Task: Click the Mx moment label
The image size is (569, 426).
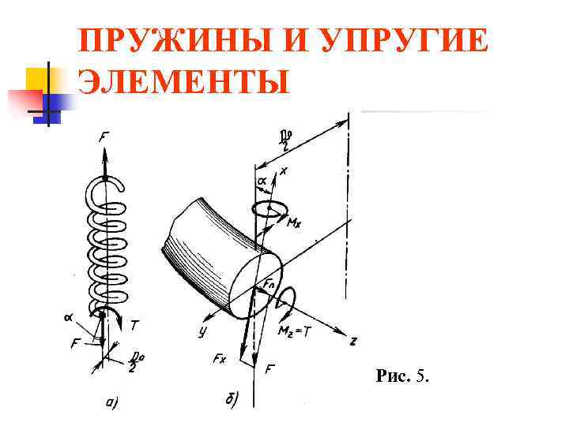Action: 294,223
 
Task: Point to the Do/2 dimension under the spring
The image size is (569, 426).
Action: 135,363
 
